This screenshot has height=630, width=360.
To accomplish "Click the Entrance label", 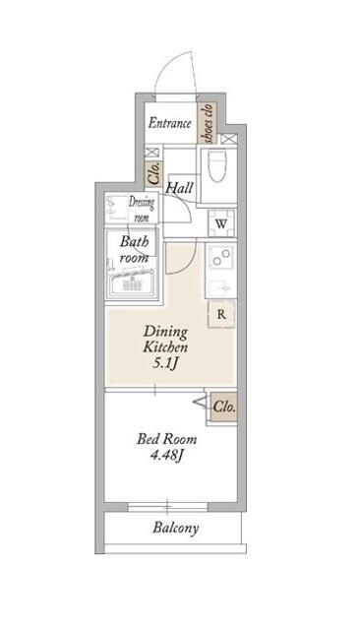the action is coord(169,123).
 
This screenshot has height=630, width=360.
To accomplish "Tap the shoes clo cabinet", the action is coord(208,123).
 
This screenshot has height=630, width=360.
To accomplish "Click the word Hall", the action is coord(180,188).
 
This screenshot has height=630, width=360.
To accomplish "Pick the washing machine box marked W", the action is coord(221,223).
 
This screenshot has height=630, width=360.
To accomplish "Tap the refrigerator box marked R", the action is coord(221,314).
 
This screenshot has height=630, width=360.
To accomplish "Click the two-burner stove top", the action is coord(220,257).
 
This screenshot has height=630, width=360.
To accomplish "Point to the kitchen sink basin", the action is coord(220,287).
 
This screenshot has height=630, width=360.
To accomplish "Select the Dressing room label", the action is coord(142,209).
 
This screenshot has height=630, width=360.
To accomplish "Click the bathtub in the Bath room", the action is coord(132,283).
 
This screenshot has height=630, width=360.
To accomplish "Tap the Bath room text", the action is coord(134,249).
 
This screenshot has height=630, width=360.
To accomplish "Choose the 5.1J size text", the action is coord(165,363).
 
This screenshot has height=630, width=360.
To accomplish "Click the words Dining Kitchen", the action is coord(165,339).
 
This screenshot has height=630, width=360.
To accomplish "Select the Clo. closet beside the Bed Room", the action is coord(224,407).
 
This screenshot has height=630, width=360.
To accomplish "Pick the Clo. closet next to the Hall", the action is coord(153,173).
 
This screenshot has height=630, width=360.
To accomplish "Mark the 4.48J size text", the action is coord(166,455).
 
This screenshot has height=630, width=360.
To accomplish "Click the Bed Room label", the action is coord(166,439).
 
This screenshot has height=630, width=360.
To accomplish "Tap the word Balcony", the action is coord(175,528).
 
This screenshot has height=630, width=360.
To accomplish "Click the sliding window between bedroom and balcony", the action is coord(168,507).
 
